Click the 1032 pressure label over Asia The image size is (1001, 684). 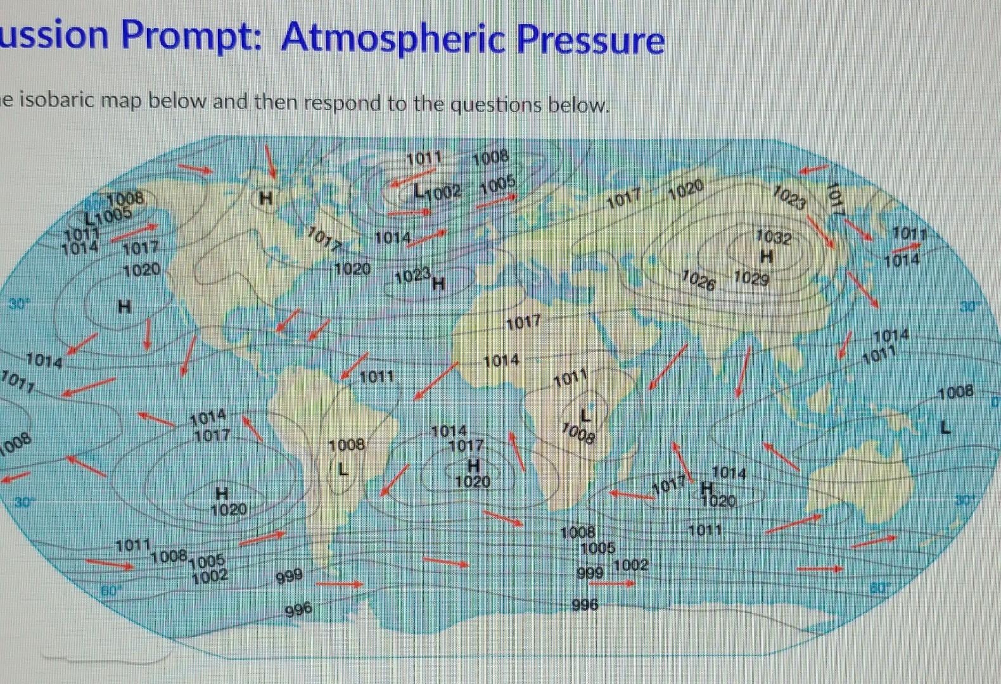tap(774, 237)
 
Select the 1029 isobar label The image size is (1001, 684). tap(751, 278)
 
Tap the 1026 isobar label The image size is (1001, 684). tap(698, 280)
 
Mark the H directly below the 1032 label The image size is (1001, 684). tap(767, 256)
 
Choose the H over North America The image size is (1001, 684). tap(267, 199)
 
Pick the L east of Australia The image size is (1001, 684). tap(945, 428)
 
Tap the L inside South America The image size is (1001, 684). tap(343, 469)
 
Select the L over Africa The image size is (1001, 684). tap(587, 415)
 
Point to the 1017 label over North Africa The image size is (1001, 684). tap(523, 322)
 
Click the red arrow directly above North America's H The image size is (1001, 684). tap(271, 161)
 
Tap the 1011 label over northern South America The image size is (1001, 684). tap(376, 377)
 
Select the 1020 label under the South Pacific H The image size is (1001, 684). tap(229, 509)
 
